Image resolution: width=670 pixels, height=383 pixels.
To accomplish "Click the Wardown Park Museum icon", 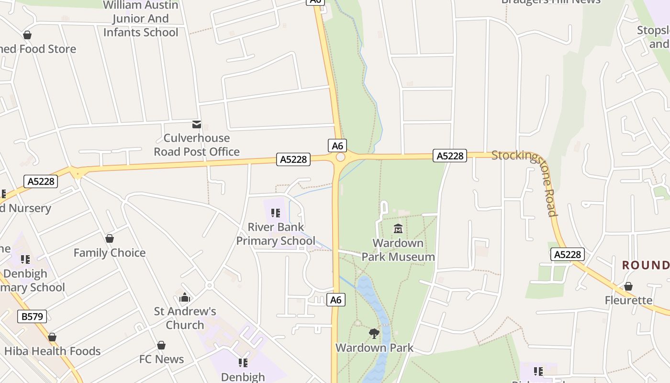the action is [398, 228].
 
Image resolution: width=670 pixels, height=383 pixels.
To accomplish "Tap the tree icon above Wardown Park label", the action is [374, 333].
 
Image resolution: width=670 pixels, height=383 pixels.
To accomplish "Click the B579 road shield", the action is [33, 316].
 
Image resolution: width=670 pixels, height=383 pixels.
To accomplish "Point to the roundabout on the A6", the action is [340, 157].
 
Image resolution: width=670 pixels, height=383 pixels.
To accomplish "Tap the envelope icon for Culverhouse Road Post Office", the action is [196, 124].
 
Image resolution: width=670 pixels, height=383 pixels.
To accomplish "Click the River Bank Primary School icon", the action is [275, 213].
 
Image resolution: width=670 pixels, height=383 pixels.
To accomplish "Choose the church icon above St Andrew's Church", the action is [185, 298].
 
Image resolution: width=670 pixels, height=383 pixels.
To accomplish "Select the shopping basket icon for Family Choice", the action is [110, 238].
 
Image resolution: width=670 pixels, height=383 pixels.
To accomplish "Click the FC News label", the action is [161, 359].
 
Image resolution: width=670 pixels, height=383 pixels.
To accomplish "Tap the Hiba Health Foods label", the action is [52, 351].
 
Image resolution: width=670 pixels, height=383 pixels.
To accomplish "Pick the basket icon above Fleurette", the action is [628, 286].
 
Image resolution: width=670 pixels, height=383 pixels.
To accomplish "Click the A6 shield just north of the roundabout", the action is [337, 146].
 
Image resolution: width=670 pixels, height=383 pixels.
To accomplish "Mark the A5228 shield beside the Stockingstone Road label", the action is [450, 156].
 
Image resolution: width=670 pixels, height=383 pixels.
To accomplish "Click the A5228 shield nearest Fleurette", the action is [568, 254].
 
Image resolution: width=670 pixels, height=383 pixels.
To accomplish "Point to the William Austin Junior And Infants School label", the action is [141, 19].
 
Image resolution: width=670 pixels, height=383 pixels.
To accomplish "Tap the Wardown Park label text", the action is [374, 348].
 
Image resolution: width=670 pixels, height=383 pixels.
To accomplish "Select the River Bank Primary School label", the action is [276, 234].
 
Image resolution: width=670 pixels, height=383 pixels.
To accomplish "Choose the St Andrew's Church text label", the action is [185, 318].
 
